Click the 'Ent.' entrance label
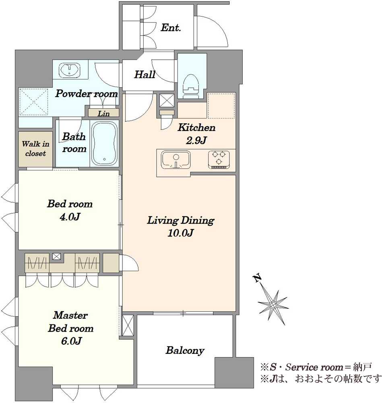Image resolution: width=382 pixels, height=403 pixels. click(x=171, y=28)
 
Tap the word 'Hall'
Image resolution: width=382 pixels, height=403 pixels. click(x=145, y=75)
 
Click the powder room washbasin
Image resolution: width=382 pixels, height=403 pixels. click(x=70, y=70)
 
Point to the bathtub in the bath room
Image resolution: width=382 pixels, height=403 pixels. click(x=104, y=143)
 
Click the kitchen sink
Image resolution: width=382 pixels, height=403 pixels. click(x=176, y=160)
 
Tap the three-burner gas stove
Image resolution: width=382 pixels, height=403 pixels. click(x=219, y=160)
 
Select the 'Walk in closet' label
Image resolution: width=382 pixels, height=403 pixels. click(x=35, y=149)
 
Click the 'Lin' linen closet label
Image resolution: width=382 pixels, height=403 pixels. click(x=104, y=113)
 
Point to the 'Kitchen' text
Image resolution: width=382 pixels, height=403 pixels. click(x=196, y=127)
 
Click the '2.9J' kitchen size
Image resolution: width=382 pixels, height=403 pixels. click(x=196, y=141)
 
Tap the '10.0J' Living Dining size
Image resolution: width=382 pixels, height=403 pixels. click(x=180, y=233)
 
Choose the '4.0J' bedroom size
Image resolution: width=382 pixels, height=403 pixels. click(x=70, y=217)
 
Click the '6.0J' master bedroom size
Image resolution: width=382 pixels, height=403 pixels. click(x=71, y=341)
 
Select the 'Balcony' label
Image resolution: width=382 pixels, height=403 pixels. click(x=185, y=350)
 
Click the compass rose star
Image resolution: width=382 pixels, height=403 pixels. click(x=273, y=305)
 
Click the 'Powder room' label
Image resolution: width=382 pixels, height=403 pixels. click(x=87, y=93)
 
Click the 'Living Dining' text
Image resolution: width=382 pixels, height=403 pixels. click(x=180, y=220)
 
